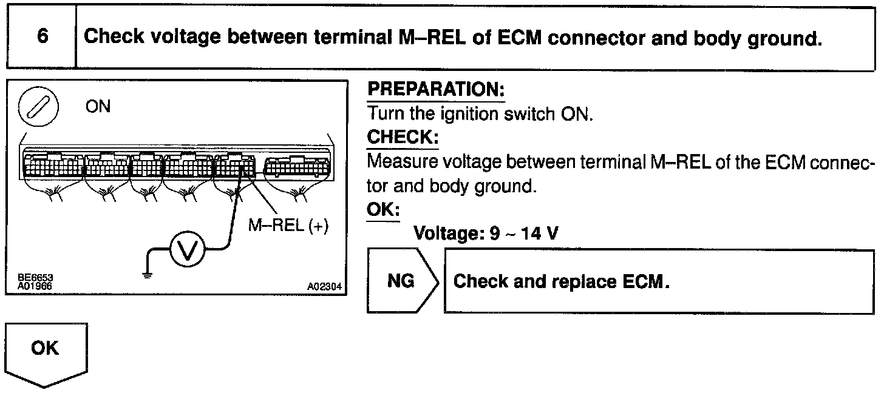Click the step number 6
[42, 36]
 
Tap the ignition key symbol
[38, 109]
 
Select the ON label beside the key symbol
[98, 107]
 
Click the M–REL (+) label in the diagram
[288, 226]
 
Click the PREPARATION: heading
[437, 90]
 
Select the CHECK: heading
[403, 138]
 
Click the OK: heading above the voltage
[384, 209]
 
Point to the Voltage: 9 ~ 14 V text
[485, 233]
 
